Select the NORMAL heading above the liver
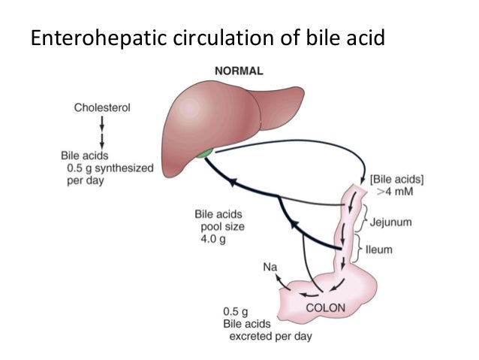pyautogui.click(x=239, y=71)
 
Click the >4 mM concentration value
pyautogui.click(x=399, y=192)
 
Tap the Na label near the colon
pyautogui.click(x=269, y=266)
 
